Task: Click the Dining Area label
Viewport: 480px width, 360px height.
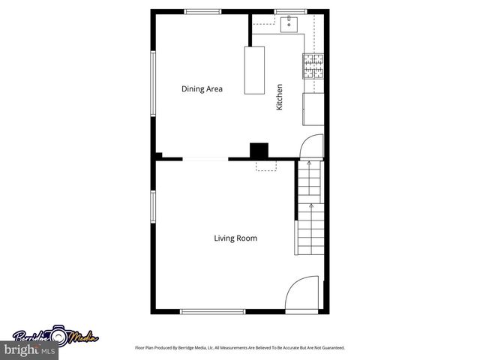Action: (202, 89)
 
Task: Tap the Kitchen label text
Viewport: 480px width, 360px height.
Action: (280, 97)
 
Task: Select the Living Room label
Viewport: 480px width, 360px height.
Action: (235, 238)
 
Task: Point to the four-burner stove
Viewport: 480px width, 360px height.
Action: (313, 66)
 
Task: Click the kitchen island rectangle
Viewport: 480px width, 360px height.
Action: (254, 70)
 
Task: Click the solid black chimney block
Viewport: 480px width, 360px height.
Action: (259, 150)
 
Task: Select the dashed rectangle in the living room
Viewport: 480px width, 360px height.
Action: (266, 165)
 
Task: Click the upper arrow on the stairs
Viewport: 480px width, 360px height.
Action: (310, 164)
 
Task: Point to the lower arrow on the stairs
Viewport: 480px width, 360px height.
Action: (310, 205)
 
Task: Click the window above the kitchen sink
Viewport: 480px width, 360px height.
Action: (285, 11)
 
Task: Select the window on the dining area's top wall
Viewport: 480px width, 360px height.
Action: (203, 11)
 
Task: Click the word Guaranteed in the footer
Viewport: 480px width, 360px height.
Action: (331, 348)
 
